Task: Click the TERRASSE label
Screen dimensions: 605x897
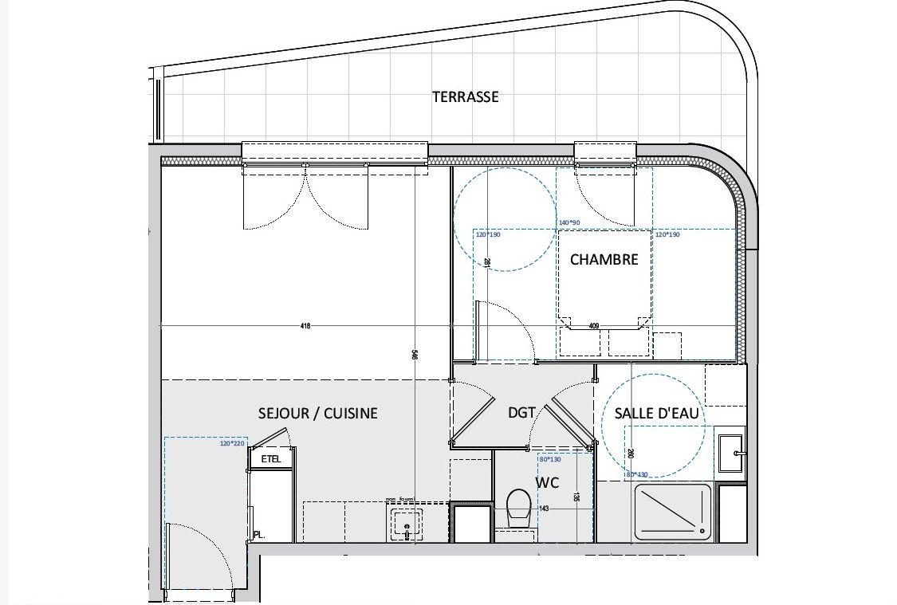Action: click(465, 96)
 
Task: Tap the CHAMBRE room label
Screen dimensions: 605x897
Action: click(604, 259)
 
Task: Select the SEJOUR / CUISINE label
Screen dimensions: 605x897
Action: click(318, 413)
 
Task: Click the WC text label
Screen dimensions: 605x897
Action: click(547, 482)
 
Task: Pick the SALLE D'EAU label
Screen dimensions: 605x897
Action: click(656, 413)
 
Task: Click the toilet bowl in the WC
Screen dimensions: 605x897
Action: click(519, 507)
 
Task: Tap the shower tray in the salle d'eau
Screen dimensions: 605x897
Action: click(671, 510)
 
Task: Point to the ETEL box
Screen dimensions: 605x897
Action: click(271, 458)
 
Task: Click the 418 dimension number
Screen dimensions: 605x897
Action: click(305, 326)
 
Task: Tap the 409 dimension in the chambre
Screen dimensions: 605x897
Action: click(593, 325)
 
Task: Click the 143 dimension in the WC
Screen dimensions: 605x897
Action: click(545, 509)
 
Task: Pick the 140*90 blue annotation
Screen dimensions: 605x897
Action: click(569, 223)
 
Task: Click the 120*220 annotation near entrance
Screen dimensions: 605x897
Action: click(231, 443)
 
